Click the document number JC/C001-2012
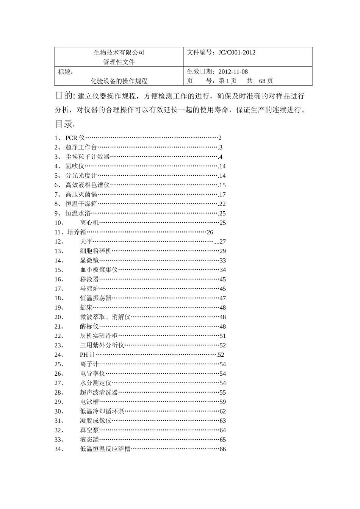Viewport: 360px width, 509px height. click(x=237, y=53)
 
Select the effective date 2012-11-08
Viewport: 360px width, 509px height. click(x=233, y=72)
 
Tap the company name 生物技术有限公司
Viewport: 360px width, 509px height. click(x=119, y=53)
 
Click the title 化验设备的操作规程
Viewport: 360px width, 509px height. click(x=119, y=81)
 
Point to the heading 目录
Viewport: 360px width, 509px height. click(x=64, y=124)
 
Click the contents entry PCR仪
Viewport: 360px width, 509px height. click(x=75, y=138)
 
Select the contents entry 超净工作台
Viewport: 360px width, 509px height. click(x=81, y=148)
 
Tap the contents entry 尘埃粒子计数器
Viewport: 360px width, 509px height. click(x=88, y=157)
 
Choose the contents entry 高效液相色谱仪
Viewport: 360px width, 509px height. click(x=88, y=185)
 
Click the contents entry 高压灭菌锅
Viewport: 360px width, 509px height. click(x=81, y=195)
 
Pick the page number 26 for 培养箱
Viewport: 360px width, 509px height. click(x=210, y=232)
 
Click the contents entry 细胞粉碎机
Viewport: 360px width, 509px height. click(x=95, y=251)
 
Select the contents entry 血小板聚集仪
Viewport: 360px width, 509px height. click(x=99, y=270)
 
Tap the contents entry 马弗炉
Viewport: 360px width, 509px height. click(x=89, y=289)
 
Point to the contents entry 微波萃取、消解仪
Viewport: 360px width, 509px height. click(x=105, y=317)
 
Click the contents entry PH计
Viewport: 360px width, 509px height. click(x=87, y=355)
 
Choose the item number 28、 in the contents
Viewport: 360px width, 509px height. click(x=59, y=393)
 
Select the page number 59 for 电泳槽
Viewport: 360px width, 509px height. click(x=222, y=402)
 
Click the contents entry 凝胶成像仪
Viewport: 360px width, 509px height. click(x=95, y=421)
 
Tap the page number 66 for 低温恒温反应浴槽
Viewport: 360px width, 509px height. click(x=222, y=449)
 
